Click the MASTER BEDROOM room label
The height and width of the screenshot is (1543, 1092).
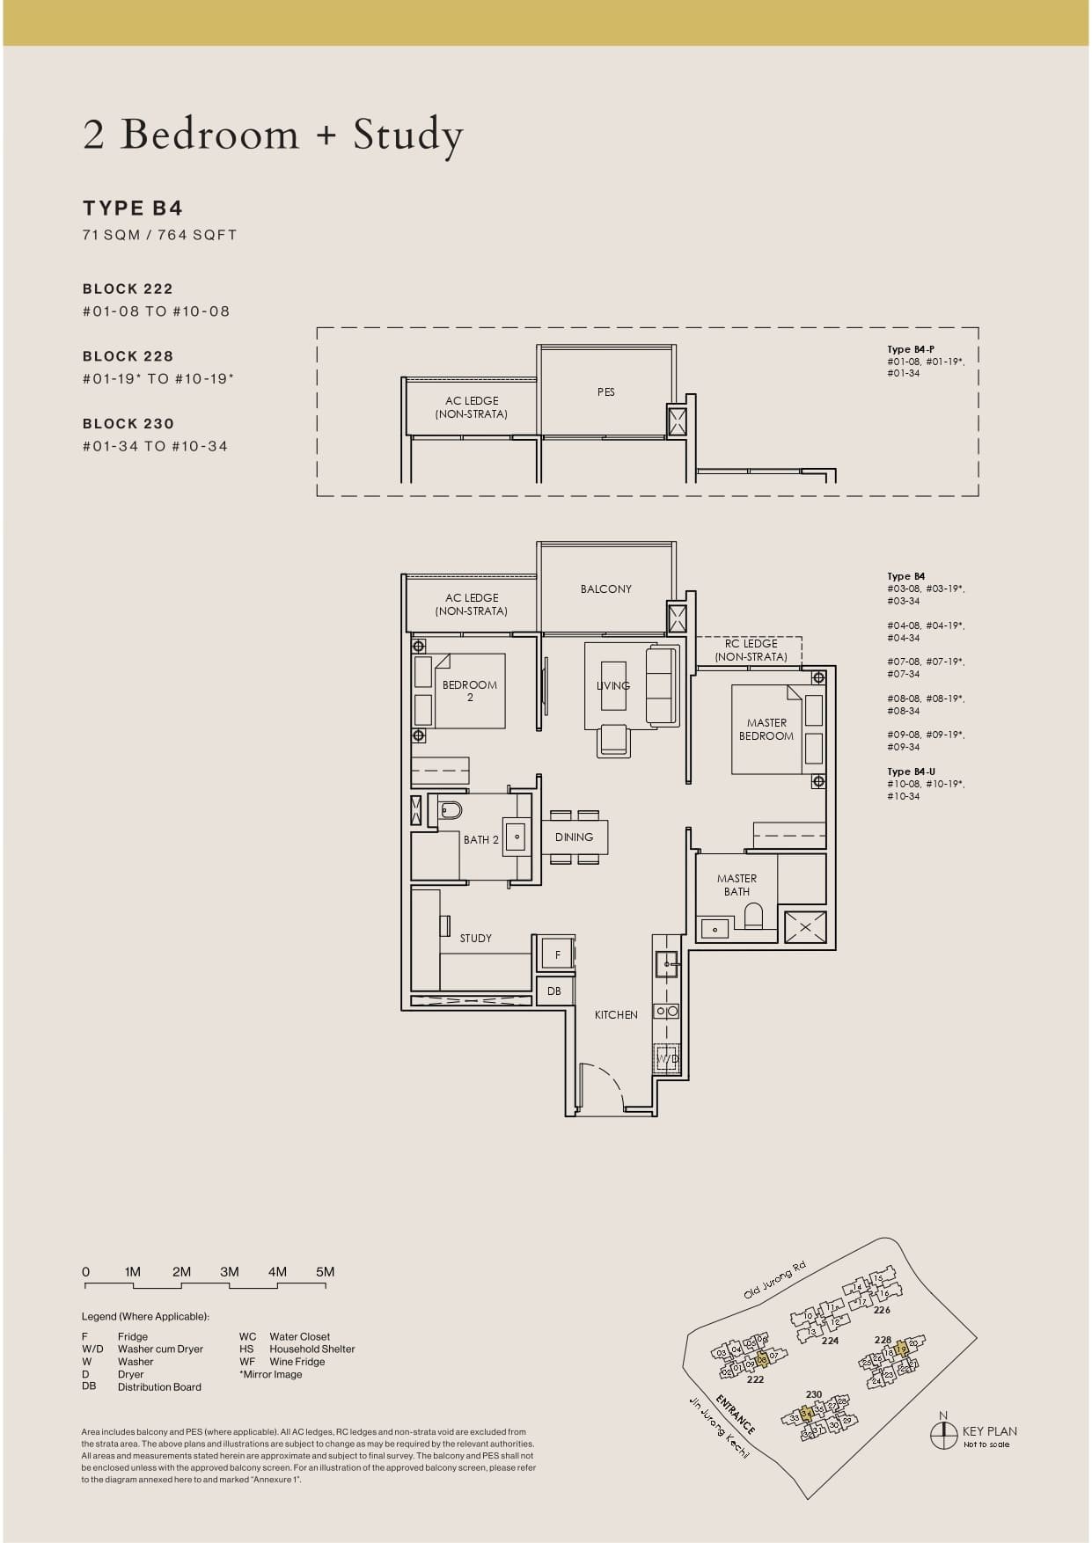(766, 729)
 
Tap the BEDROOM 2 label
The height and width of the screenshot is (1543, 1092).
(469, 691)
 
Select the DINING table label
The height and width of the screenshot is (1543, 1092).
(574, 837)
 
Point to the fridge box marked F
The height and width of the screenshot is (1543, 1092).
(557, 954)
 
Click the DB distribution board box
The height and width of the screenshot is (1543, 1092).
(554, 991)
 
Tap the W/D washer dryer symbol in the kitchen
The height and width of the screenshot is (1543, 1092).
(666, 1058)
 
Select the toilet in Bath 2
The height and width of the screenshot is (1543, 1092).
(450, 810)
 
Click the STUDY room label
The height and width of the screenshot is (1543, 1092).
(475, 939)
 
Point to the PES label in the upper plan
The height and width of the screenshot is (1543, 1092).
(605, 392)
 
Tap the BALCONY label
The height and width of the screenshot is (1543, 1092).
(605, 589)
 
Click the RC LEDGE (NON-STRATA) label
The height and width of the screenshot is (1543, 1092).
(751, 650)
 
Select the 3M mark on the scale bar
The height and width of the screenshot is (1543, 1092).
(230, 1272)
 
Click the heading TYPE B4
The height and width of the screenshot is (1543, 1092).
(133, 208)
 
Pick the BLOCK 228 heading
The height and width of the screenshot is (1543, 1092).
(128, 356)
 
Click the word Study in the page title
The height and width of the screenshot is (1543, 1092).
(407, 135)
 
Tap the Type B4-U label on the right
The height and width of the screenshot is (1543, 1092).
(911, 771)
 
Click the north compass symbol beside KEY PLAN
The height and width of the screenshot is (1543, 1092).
(943, 1435)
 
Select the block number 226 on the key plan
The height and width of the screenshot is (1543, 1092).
(882, 1310)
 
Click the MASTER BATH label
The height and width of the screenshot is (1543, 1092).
(737, 885)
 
